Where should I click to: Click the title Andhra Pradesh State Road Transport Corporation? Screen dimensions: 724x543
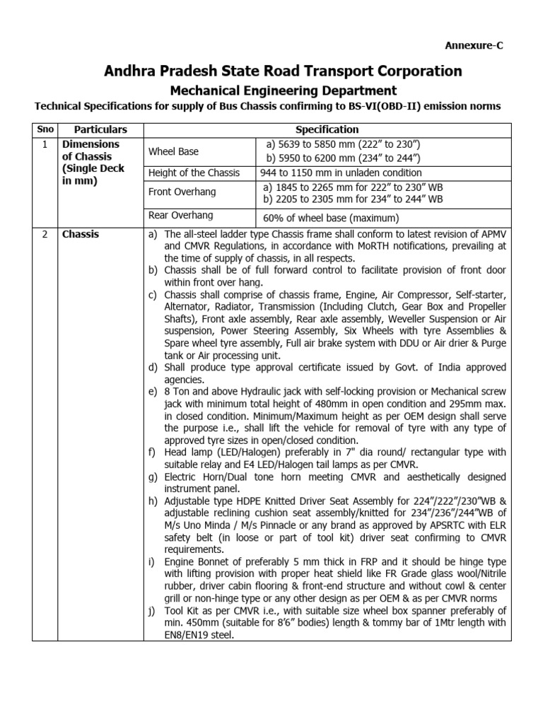283,71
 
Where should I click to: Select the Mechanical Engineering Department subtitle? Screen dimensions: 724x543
283,90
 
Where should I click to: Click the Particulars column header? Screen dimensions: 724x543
101,129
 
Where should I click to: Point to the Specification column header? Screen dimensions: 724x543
327,129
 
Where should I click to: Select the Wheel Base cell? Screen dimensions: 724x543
173,151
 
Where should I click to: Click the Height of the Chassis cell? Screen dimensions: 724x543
194,173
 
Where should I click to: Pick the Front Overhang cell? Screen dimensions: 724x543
182,192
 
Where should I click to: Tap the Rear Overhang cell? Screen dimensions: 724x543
180,215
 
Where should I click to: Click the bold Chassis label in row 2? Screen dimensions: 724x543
81,234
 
